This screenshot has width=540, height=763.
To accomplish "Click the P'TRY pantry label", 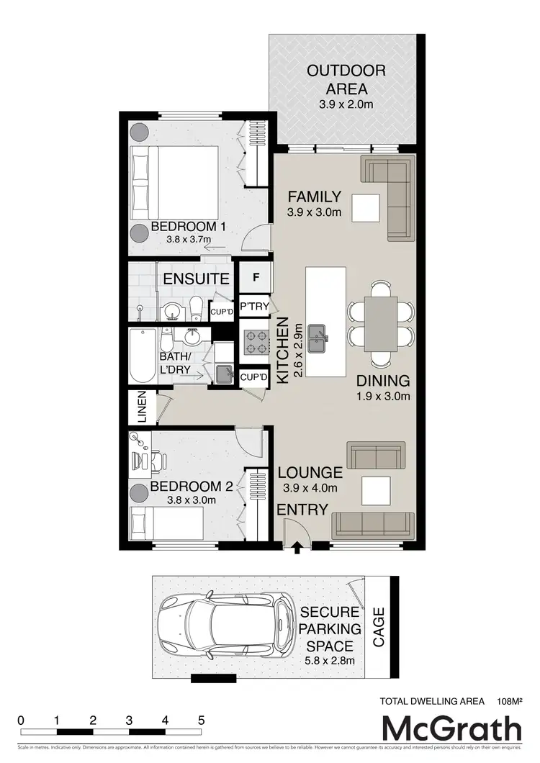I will coord(254,307).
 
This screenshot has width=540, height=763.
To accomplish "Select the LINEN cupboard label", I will coord(141,407).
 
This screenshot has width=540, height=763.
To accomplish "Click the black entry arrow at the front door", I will coord(297,549).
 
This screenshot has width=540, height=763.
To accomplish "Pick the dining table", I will coord(380,323).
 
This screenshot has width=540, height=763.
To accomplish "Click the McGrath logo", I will coord(451,728).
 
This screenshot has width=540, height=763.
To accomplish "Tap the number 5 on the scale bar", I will coord(202,720).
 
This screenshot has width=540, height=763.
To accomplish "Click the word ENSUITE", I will coord(196,279).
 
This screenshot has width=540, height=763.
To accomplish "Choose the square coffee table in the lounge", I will coord(375,491).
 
